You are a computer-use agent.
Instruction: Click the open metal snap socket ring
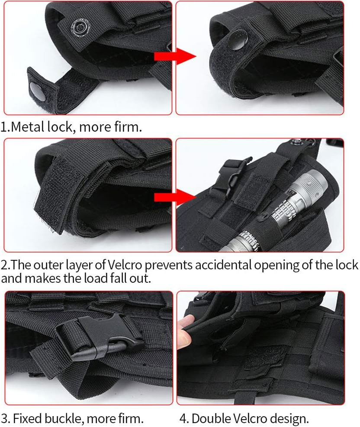(79, 28)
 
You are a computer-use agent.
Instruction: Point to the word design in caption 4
(289, 418)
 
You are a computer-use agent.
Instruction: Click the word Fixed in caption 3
(25, 418)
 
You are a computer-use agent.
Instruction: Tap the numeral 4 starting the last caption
(183, 418)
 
